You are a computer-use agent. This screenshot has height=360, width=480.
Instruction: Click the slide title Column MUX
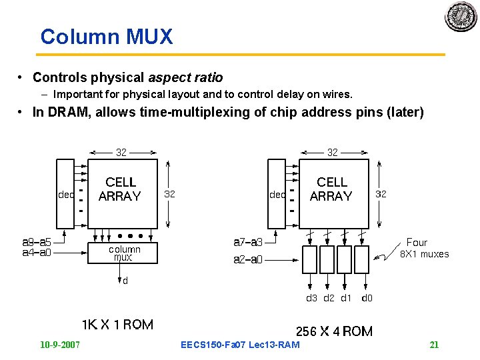coord(106,36)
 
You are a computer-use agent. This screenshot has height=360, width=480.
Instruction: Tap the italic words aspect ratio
coord(185,77)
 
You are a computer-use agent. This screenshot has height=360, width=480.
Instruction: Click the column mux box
coord(123,253)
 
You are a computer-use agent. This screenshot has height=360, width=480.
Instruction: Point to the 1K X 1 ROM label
coord(117,325)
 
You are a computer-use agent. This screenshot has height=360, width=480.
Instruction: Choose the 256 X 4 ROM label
coord(334,331)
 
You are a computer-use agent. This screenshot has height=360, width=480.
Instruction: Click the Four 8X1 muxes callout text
coord(423,248)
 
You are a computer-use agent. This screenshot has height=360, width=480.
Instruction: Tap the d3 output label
coord(311,298)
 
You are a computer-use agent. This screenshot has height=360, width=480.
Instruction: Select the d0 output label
coord(367,298)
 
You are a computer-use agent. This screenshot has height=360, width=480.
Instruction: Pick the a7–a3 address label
coord(248,242)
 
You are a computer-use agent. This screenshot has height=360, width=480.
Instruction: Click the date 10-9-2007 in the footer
coord(60,345)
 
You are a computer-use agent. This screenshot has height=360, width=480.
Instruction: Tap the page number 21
coord(434,345)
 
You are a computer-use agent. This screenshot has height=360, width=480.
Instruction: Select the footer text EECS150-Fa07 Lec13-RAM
coord(240,345)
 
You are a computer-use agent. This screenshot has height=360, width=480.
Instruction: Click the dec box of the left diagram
coord(66,195)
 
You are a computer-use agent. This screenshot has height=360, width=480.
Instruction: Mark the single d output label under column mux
coord(125,281)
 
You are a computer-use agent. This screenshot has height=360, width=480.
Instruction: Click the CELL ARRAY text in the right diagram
coord(331,189)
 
